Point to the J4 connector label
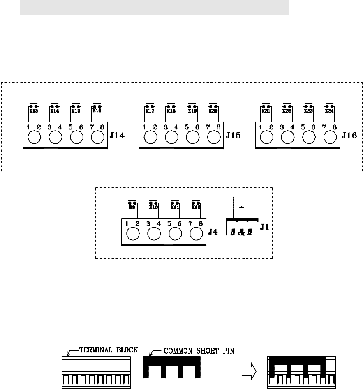pos(213,232)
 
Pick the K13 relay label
pos(33,110)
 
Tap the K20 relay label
pos(213,110)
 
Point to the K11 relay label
pos(174,207)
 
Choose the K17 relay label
pos(150,110)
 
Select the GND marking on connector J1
pos(241,234)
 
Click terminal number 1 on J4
pos(128,224)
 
